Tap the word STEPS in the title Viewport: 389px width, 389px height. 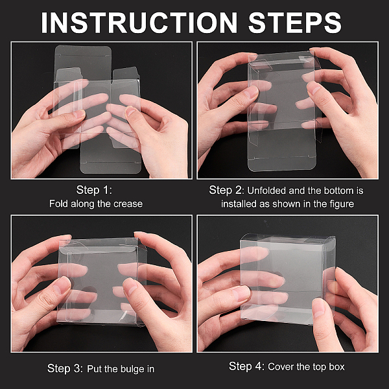point(295,22)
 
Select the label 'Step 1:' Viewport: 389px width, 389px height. point(94,190)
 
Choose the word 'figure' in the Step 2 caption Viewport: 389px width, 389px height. point(342,204)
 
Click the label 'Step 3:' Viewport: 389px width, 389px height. point(65,368)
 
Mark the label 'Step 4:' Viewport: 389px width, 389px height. point(247,366)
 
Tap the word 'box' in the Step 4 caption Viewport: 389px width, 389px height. point(337,367)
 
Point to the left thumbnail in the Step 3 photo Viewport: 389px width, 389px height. point(62,285)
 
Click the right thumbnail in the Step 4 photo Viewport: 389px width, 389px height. point(318,307)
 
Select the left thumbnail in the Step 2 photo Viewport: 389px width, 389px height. point(250,92)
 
